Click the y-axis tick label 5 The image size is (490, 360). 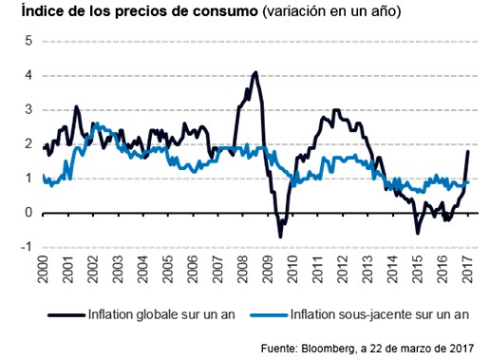[28, 41]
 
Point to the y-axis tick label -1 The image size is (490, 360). [27, 247]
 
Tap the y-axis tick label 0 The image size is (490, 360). [28, 213]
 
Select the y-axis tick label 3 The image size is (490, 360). [28, 109]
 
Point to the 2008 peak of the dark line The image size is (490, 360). [254, 72]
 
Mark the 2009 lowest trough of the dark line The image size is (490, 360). [280, 237]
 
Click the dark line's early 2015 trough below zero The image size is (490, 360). [417, 232]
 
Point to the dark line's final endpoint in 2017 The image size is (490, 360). [468, 152]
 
